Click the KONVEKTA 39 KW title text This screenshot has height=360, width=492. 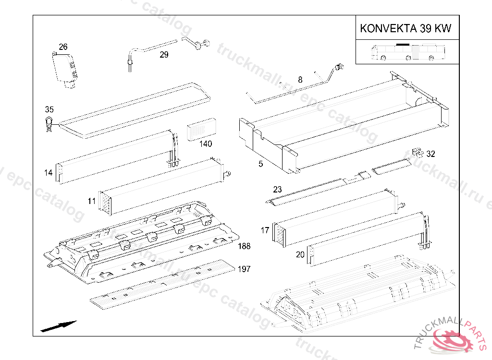pos(406,28)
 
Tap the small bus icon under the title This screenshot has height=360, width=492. pos(408,52)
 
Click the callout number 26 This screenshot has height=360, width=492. pos(63,47)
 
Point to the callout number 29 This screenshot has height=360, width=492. pos(164,55)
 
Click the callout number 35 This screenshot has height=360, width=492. pos(49,109)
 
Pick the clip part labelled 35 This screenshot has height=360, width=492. pos(49,124)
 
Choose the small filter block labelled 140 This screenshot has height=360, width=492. pos(202,130)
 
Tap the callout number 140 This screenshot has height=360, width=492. pos(206,144)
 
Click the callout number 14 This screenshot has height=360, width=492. pos(49,173)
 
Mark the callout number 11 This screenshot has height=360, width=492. pos(92,201)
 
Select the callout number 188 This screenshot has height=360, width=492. pos(244,246)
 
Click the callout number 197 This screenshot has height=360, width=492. pos(244,269)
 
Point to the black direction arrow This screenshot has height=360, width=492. pos(59,326)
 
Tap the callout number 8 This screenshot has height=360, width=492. pos(300,80)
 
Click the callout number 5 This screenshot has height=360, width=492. pos(261,164)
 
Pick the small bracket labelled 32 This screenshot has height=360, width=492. pos(418,153)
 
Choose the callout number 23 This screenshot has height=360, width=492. pos(277,190)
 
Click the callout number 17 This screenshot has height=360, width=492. pos(265,230)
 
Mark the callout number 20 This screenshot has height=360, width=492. pos(300,254)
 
